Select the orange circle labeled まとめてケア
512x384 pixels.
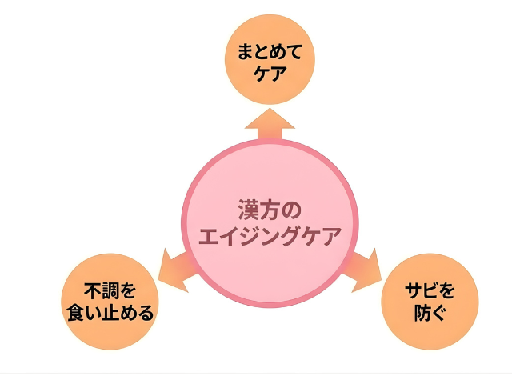pyautogui.click(x=270, y=62)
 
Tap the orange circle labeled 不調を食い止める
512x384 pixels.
pyautogui.click(x=108, y=301)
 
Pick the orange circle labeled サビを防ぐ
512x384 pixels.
pyautogui.click(x=430, y=301)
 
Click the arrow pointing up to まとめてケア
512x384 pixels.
pyautogui.click(x=270, y=124)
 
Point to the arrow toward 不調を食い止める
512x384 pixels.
pyautogui.click(x=172, y=268)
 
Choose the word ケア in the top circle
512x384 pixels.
pyautogui.click(x=270, y=74)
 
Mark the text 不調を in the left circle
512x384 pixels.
pyautogui.click(x=109, y=290)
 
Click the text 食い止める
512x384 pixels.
pyautogui.click(x=109, y=312)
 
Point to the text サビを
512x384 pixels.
pyautogui.click(x=430, y=290)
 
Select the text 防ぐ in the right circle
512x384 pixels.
pyautogui.click(x=430, y=312)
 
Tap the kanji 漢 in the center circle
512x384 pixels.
pyautogui.click(x=247, y=210)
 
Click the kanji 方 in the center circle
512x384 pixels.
pyautogui.click(x=270, y=210)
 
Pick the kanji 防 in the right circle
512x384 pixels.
pyautogui.click(x=421, y=312)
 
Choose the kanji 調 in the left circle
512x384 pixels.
pyautogui.click(x=109, y=290)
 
